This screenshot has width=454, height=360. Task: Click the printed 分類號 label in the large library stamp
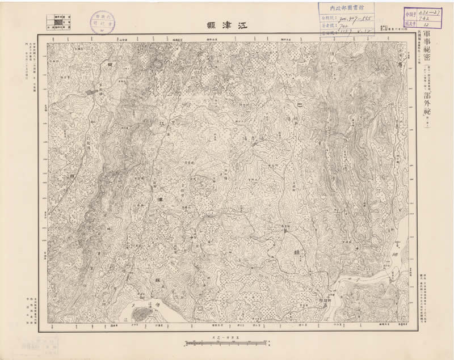[327, 18]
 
